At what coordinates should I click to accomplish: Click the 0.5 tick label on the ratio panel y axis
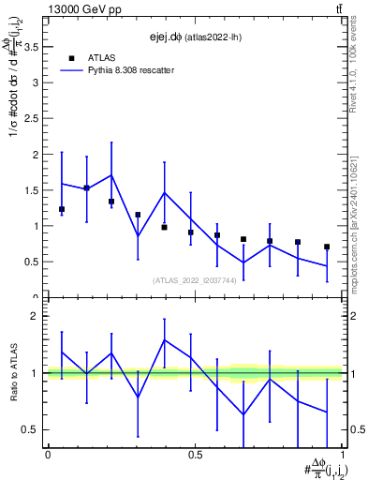tap(32, 430)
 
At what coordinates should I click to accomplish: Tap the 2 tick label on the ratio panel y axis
tap(37, 317)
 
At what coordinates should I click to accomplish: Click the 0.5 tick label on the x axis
tap(195, 455)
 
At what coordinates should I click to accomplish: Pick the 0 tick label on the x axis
tap(47, 455)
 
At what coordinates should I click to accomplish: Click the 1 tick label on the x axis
tap(343, 455)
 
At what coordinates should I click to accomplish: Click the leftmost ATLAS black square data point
tap(62, 209)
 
